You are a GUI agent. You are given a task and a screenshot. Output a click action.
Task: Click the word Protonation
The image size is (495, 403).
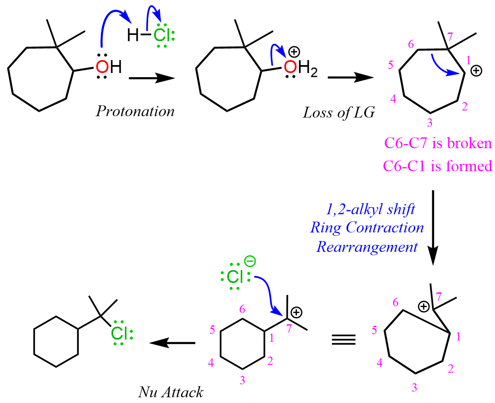[135, 111]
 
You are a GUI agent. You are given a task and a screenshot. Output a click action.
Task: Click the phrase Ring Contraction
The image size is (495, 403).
[367, 228]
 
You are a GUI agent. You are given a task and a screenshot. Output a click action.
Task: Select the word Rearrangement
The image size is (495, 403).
[367, 247]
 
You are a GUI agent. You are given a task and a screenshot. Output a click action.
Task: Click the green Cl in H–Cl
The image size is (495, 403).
[162, 35]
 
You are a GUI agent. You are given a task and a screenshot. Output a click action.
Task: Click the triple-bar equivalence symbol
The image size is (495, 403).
[343, 339]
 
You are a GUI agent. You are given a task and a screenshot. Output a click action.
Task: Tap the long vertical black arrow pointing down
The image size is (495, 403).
[433, 227]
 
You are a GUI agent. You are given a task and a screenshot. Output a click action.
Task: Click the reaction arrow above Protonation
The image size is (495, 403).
[151, 78]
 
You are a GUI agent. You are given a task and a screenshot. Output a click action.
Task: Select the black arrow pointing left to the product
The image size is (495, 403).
[173, 343]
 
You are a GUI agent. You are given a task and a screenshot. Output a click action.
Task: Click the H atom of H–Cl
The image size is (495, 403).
[133, 36]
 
